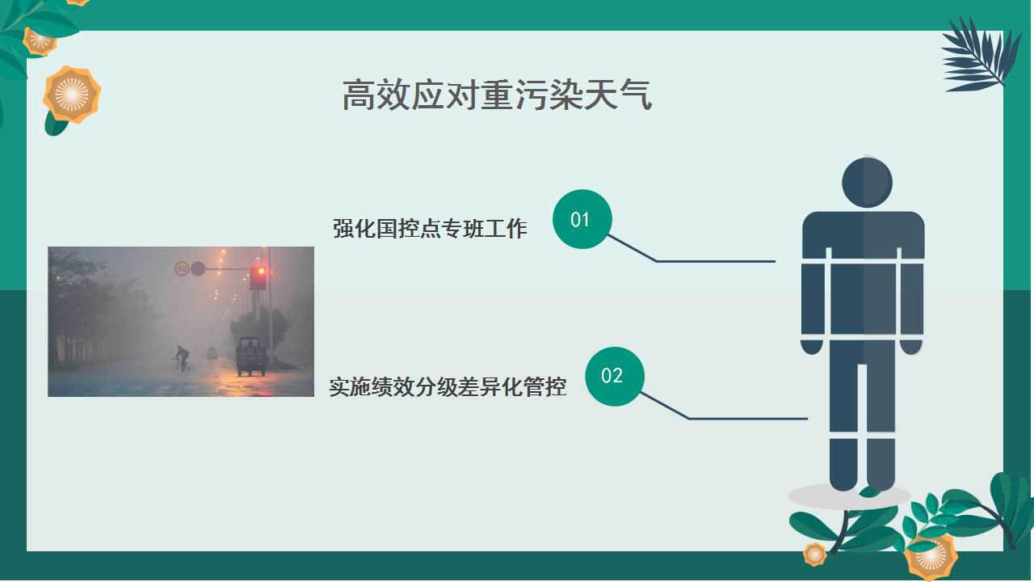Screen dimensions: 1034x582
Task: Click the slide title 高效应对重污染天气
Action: (497, 95)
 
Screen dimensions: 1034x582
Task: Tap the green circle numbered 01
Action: (582, 219)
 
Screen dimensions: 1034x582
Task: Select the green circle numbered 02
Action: (615, 377)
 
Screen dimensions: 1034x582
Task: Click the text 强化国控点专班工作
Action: (430, 229)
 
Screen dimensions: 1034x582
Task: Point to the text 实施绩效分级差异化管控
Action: (448, 387)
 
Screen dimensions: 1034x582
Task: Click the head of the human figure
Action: (867, 183)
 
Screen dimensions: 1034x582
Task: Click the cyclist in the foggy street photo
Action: (183, 360)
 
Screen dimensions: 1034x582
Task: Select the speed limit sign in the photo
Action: (182, 268)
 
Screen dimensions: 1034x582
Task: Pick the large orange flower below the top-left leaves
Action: (72, 95)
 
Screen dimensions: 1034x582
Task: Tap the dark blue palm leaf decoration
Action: (981, 56)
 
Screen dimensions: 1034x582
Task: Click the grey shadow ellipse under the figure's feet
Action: (849, 496)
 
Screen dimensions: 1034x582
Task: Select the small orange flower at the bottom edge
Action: (815, 554)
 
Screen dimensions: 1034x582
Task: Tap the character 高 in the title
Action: (359, 95)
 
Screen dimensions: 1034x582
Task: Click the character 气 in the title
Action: (636, 95)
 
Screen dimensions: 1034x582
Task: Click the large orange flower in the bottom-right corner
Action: (931, 558)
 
